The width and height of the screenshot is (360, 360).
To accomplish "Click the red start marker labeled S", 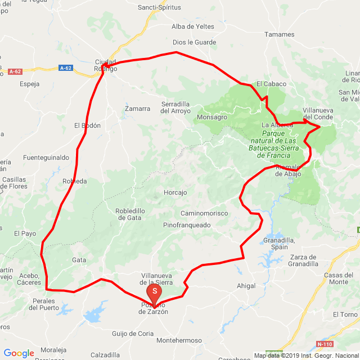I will pos(155,291).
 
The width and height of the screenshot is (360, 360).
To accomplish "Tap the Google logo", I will pos(19,353).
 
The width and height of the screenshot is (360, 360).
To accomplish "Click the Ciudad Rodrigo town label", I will pos(105,65).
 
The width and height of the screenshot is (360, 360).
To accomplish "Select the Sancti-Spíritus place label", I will pos(160,7).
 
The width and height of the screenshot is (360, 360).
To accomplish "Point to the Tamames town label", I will pos(280,34).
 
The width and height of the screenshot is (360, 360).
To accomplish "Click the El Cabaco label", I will pos(271,84).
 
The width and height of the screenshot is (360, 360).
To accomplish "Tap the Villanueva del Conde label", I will pos(317,113).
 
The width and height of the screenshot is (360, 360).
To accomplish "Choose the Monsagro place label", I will pos(212,117).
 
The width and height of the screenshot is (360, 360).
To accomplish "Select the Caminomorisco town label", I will pos(204,213).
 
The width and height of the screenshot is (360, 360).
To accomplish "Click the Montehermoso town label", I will pos(179,341).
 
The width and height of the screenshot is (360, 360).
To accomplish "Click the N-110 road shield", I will pos(324,344).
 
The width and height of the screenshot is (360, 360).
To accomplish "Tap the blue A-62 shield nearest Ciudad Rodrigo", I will pos(65,68).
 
